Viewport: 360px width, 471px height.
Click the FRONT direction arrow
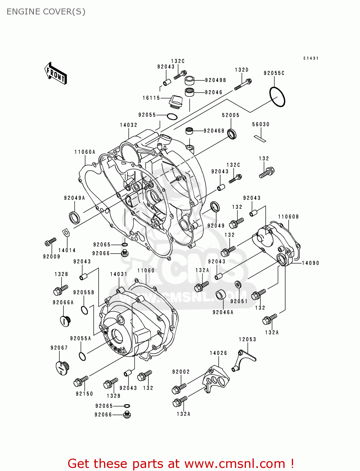tap(56, 73)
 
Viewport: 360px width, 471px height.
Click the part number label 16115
tap(151, 98)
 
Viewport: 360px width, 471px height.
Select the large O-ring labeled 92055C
tap(277, 97)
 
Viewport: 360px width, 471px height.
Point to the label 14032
tap(128, 125)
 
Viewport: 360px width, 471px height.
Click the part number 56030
tap(261, 124)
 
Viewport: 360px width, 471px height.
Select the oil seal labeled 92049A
tap(74, 218)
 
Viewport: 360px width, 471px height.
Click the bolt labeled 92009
tap(50, 242)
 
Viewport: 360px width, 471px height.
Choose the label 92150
tap(84, 394)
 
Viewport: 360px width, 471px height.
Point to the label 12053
tap(247, 339)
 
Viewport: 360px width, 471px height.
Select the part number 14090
tap(310, 263)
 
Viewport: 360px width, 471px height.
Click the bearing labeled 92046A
tap(221, 295)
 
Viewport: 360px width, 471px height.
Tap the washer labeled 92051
tap(238, 284)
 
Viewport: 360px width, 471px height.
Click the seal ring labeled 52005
tap(232, 134)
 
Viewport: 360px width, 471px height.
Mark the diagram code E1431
tap(311, 58)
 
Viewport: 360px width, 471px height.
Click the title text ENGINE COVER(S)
tap(46, 12)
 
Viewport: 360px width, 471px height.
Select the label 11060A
tap(85, 152)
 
